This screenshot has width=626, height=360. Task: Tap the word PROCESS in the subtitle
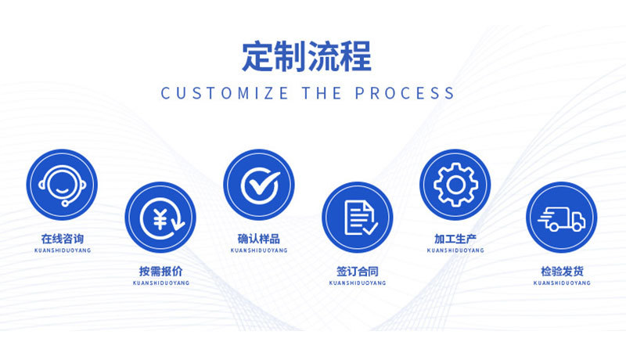tap(405, 93)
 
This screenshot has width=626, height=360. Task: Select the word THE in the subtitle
tap(322, 93)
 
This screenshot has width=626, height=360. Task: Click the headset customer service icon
tap(62, 185)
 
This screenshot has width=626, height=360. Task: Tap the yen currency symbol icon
tap(160, 218)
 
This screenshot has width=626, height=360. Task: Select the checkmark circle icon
tap(259, 185)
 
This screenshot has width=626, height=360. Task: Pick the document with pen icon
tap(358, 218)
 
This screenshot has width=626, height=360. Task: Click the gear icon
tap(455, 185)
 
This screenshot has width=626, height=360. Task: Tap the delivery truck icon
tap(561, 218)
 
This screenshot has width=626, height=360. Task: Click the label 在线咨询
tap(62, 239)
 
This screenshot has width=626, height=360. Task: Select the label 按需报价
tap(160, 272)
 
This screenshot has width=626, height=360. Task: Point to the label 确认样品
tap(259, 239)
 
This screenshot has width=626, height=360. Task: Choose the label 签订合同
tap(358, 272)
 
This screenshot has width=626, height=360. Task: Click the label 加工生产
tap(455, 239)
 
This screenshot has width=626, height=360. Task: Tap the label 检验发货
tap(561, 272)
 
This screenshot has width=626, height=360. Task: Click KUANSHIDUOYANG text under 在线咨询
tap(62, 250)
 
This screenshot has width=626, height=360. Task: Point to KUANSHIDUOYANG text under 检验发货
tap(561, 283)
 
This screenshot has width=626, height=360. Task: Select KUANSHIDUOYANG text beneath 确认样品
tap(259, 250)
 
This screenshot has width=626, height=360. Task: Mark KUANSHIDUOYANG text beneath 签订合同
tap(358, 283)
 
